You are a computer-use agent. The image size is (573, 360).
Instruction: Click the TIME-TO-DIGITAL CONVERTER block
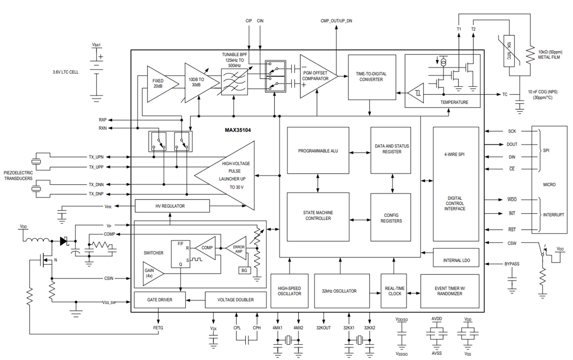(x=371, y=77)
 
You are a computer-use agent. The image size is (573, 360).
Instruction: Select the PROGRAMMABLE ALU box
(x=318, y=150)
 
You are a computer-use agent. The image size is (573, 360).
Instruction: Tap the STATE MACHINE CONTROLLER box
(x=318, y=215)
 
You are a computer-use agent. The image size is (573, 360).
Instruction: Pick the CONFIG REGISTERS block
(x=391, y=217)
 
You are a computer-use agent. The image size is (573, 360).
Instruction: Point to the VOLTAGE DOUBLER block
(x=235, y=300)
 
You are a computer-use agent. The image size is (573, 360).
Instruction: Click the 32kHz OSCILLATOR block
(x=342, y=291)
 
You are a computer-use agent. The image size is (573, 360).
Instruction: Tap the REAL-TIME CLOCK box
(x=395, y=291)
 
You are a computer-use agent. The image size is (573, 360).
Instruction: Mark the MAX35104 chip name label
(x=238, y=129)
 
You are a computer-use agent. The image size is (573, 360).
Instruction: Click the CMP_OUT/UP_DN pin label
(x=337, y=21)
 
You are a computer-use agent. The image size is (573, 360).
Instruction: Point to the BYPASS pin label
(x=512, y=264)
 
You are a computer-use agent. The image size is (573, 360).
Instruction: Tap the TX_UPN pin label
(x=96, y=157)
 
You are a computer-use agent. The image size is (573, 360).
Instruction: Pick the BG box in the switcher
(x=244, y=270)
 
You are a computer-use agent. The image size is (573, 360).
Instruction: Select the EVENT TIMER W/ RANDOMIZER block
(x=449, y=291)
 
